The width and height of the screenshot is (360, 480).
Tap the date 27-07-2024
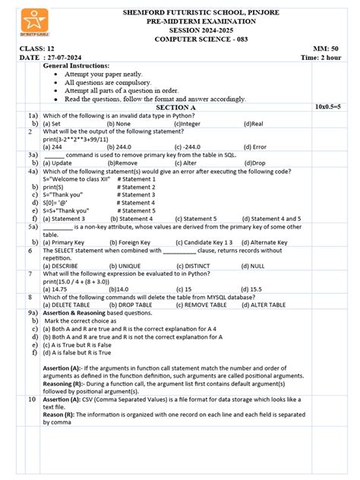click(68, 58)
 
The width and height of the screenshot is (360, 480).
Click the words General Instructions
click(77, 67)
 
